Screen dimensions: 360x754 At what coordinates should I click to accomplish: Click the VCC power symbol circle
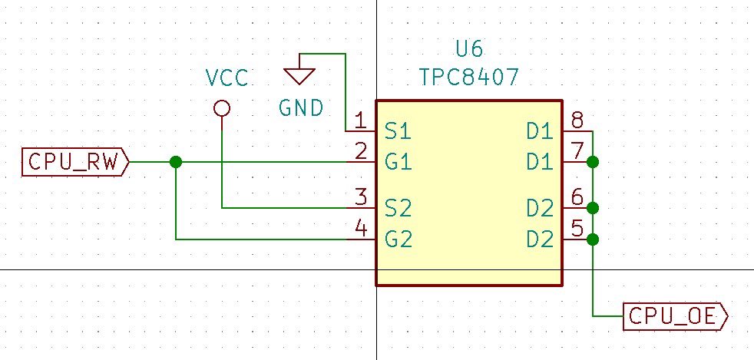tap(222, 108)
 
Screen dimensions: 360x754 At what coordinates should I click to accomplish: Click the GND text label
tap(301, 108)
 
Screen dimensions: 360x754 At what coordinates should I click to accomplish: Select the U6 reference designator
tap(469, 50)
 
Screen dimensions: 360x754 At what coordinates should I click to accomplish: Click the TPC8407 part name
tap(469, 77)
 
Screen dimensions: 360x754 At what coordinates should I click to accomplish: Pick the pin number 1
tap(359, 121)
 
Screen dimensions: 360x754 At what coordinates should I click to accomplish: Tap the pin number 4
tap(359, 229)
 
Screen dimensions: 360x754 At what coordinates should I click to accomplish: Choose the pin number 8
tap(577, 121)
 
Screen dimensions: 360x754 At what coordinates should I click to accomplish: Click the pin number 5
tap(577, 229)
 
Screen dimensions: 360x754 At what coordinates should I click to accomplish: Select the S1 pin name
tap(398, 132)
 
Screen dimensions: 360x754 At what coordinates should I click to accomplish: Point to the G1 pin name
tap(398, 163)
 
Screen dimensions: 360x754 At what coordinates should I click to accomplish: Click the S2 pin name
tap(398, 208)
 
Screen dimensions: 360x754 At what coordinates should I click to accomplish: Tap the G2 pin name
tap(398, 239)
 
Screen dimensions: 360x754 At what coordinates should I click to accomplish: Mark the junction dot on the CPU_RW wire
tap(176, 162)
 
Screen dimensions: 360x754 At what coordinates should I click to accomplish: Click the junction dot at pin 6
tap(593, 207)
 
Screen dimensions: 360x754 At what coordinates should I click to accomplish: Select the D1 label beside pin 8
tap(540, 132)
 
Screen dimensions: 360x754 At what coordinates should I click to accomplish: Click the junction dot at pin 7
tap(593, 162)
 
